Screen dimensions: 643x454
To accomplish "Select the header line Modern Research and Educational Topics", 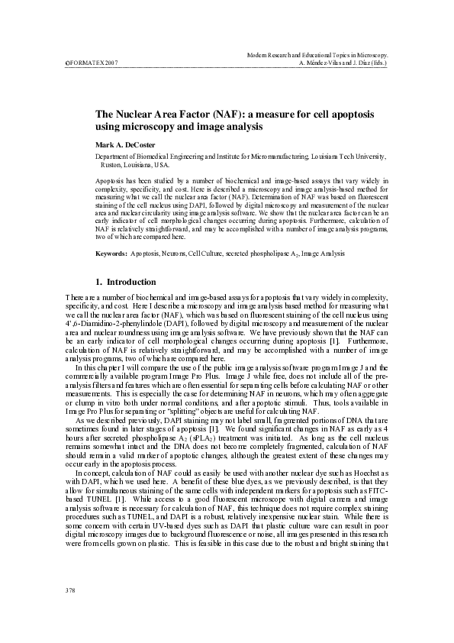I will pos(319,55).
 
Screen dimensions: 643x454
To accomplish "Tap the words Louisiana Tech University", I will pos(350,155).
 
